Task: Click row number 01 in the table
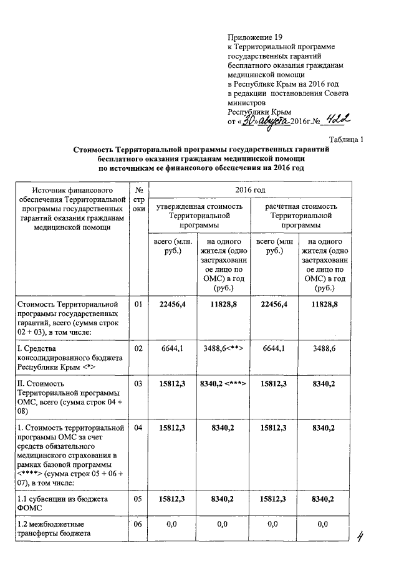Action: click(138, 304)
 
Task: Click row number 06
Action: click(138, 525)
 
